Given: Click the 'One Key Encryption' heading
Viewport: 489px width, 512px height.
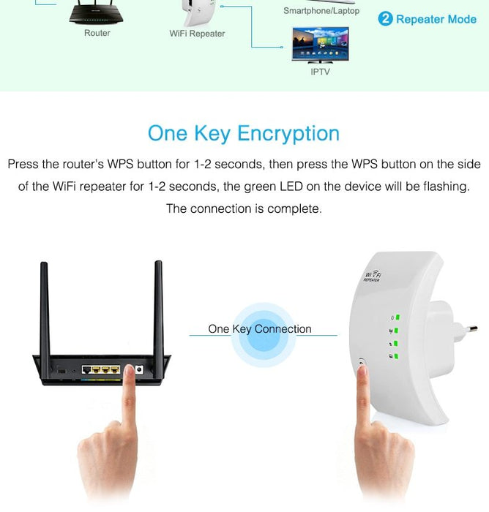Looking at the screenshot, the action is (x=244, y=134).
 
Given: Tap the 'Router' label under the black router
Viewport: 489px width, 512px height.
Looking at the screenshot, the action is (x=97, y=33).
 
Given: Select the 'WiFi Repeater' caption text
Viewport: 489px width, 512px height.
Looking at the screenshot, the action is (x=197, y=34).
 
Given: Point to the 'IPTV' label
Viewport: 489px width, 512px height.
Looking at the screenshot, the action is (x=320, y=72).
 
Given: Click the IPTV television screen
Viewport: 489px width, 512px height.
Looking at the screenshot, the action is (x=321, y=44).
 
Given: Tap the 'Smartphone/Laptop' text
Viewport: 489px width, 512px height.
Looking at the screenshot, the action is (x=321, y=11).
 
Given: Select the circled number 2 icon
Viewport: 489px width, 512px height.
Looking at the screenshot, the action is (x=385, y=18).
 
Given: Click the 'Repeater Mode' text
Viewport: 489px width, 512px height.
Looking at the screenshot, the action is (x=436, y=19).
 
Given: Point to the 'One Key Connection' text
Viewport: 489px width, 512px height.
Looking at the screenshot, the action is (x=260, y=329).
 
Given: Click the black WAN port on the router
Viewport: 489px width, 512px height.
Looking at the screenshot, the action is (x=86, y=369).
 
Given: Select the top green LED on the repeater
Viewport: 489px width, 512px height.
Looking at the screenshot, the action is (x=397, y=317).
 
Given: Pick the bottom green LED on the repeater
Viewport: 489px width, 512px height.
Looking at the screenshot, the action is (x=396, y=356).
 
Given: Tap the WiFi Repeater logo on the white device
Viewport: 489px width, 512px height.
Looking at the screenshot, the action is (x=373, y=276).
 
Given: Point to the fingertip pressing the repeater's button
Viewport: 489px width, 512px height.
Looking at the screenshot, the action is (x=362, y=369).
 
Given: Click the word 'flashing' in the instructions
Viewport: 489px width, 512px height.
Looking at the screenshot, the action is (x=447, y=187).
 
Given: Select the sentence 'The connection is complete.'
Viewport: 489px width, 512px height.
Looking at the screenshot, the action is (x=244, y=208).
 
